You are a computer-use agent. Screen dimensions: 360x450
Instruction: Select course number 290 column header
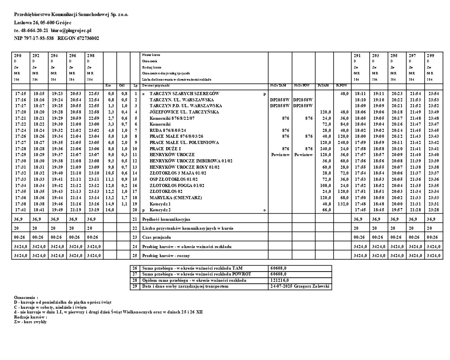[x=18, y=55]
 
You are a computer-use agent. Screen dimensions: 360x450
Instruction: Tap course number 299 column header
[x=430, y=55]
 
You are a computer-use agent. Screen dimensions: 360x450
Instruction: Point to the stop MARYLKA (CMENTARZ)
[x=170, y=198]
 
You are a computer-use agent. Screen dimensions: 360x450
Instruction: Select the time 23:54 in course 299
[x=433, y=94]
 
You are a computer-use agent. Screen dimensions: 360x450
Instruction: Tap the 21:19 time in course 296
[x=76, y=210]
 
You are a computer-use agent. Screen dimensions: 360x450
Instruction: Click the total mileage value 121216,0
[x=279, y=280]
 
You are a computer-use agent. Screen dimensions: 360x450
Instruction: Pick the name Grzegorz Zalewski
[x=312, y=286]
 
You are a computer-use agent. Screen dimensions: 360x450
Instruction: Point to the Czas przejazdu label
[x=157, y=237]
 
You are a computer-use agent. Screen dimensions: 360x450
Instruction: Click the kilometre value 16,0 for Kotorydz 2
[x=110, y=210]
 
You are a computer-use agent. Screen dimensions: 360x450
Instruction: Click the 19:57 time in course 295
[x=397, y=210]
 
